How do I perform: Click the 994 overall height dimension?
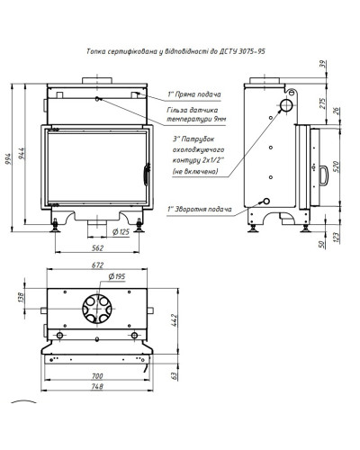[x=8, y=158]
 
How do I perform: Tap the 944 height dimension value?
[x=22, y=153]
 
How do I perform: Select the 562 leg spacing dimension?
[x=97, y=248]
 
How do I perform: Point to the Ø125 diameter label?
[x=121, y=231]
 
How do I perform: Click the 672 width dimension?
[x=97, y=265]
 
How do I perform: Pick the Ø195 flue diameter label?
[x=117, y=276]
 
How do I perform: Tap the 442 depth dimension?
[x=175, y=320]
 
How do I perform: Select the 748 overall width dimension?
[x=97, y=386]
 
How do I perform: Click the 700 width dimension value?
[x=97, y=376]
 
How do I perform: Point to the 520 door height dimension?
[x=336, y=166]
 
